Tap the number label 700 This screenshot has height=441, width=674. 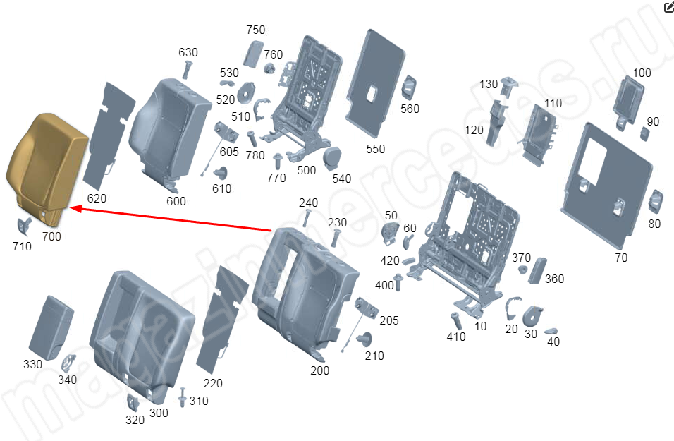point(51,236)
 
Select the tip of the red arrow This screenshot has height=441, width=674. point(70,209)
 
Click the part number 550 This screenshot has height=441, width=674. point(375,149)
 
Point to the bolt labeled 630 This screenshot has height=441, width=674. point(187,70)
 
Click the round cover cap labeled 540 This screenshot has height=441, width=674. point(331,157)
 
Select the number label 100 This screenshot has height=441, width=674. point(642,73)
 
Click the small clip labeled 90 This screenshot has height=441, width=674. point(645,134)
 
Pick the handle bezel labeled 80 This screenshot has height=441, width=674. point(655,201)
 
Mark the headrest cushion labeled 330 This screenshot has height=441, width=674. point(51,327)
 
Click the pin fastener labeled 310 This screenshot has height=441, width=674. point(183,397)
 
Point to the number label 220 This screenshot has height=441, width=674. point(213,383)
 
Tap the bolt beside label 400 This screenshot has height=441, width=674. point(398,282)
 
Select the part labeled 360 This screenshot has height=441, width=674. point(537,271)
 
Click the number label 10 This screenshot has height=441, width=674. point(481,326)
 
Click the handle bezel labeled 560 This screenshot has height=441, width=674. point(408,88)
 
